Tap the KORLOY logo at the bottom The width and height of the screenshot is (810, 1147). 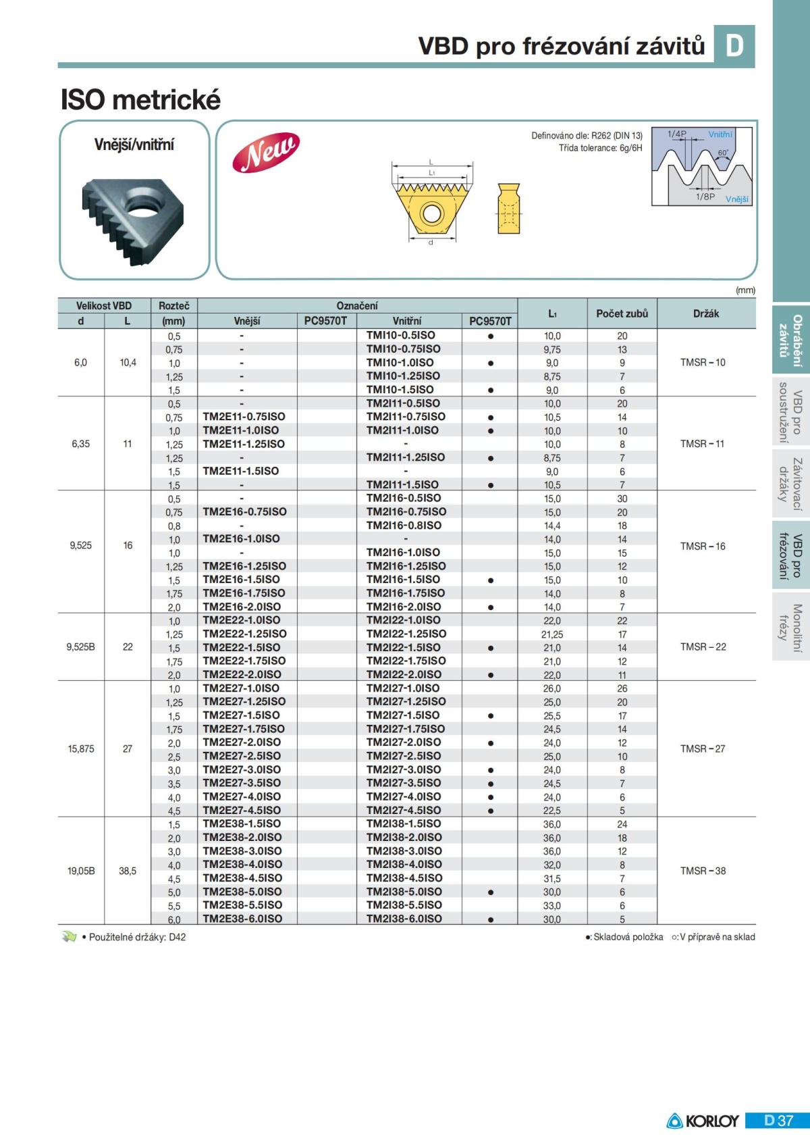(x=703, y=1121)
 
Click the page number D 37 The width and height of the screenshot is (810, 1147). (x=778, y=1121)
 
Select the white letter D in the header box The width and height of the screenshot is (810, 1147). (x=734, y=46)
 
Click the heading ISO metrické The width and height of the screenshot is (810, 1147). (x=140, y=100)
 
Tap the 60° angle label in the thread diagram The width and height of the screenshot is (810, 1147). (x=723, y=153)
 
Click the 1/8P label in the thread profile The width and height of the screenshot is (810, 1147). (x=705, y=197)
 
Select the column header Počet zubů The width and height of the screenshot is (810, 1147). (x=622, y=313)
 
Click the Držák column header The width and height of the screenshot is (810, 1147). (x=706, y=313)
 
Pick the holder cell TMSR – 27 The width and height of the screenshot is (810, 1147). (x=703, y=748)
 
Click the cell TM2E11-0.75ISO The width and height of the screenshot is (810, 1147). (x=244, y=417)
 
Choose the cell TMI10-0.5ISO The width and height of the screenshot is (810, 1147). (x=400, y=335)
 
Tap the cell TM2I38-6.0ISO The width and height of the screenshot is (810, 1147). (x=404, y=919)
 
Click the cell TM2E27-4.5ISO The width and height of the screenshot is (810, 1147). (x=242, y=810)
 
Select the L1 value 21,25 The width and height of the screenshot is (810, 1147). (x=552, y=634)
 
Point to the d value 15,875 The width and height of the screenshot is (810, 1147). (x=81, y=748)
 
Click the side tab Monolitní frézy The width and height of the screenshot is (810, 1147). (x=790, y=628)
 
